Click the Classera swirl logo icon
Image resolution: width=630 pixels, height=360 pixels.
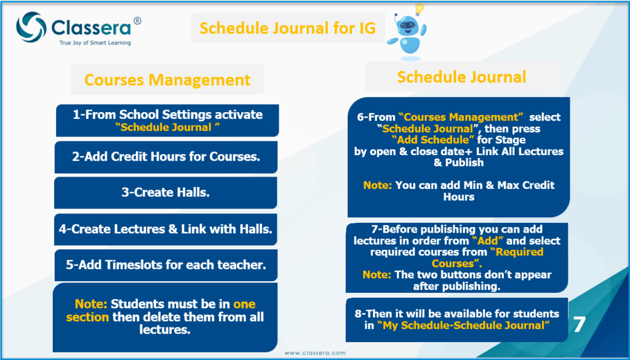[31, 27]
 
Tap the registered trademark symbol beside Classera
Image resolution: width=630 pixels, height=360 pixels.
[137, 21]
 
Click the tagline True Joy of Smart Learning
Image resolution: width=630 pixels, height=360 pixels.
[95, 42]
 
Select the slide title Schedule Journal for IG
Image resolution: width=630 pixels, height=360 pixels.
[287, 28]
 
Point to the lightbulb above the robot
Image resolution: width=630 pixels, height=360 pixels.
[419, 9]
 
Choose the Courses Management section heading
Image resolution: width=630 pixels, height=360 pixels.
[167, 79]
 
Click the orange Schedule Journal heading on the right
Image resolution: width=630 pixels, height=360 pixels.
[461, 77]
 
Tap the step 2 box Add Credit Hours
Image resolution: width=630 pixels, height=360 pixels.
[166, 157]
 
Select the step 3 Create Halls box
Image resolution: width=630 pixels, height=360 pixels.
[165, 193]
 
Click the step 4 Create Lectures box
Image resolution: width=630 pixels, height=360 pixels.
[165, 230]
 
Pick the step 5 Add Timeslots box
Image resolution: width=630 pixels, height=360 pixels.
[166, 265]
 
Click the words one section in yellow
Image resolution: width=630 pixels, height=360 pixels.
[161, 310]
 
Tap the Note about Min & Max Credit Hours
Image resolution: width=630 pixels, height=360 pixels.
[459, 191]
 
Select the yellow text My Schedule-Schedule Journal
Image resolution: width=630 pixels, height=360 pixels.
[464, 326]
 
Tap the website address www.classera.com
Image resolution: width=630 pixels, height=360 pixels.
[315, 353]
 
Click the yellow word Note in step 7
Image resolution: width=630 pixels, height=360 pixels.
[377, 275]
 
